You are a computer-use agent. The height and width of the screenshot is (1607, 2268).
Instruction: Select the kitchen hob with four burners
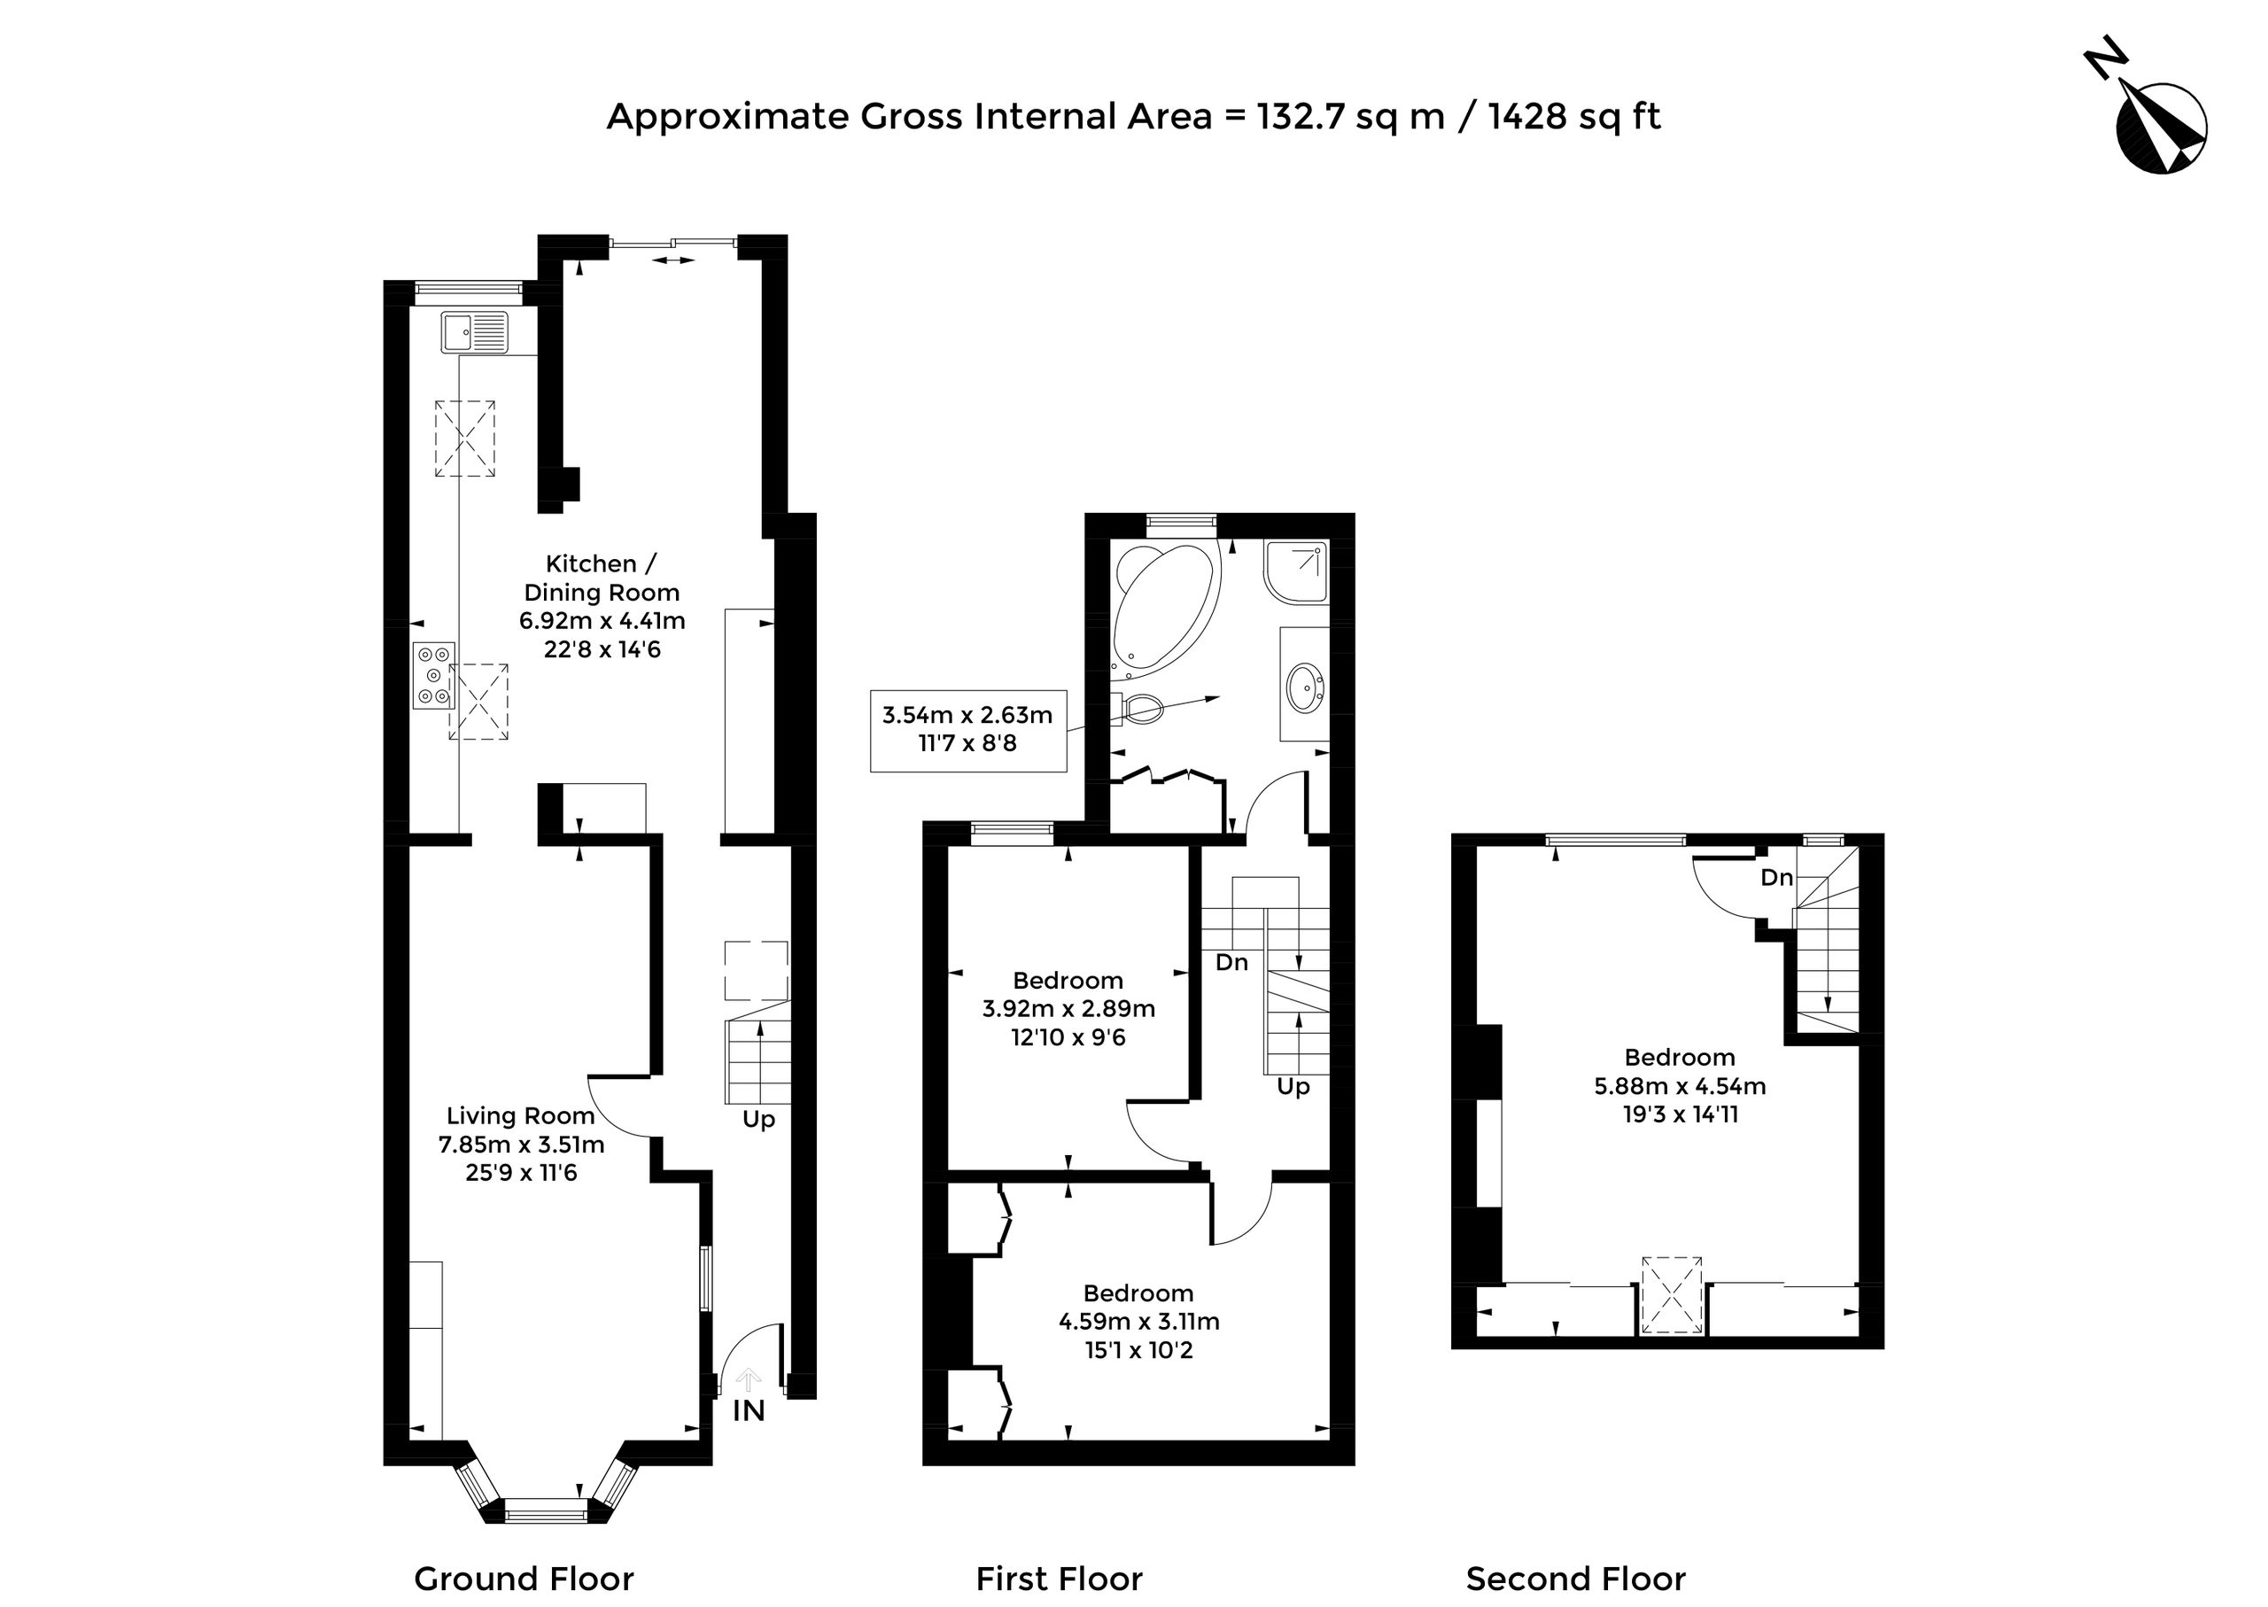click(x=433, y=675)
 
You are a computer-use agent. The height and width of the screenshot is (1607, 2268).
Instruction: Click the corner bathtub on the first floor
click(x=1166, y=610)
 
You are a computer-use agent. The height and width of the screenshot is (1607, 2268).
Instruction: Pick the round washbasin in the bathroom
click(x=1305, y=685)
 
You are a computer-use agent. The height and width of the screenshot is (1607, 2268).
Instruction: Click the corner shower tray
click(x=1295, y=571)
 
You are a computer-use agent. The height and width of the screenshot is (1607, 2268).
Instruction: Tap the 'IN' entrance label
click(x=750, y=1411)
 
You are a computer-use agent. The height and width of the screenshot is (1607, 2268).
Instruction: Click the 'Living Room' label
click(x=521, y=1116)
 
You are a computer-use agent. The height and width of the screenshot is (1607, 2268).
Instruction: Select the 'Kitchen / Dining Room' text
click(x=602, y=578)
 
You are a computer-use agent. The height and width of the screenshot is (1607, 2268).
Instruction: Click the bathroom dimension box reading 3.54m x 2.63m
click(x=968, y=730)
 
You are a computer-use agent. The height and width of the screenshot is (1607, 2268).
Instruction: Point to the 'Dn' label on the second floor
click(x=1777, y=877)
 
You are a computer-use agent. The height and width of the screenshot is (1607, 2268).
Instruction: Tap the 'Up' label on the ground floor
click(x=759, y=1119)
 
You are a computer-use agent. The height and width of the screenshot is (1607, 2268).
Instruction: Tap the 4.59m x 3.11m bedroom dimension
click(x=1139, y=1321)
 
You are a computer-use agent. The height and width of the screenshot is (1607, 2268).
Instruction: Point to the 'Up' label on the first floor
click(x=1293, y=1086)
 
